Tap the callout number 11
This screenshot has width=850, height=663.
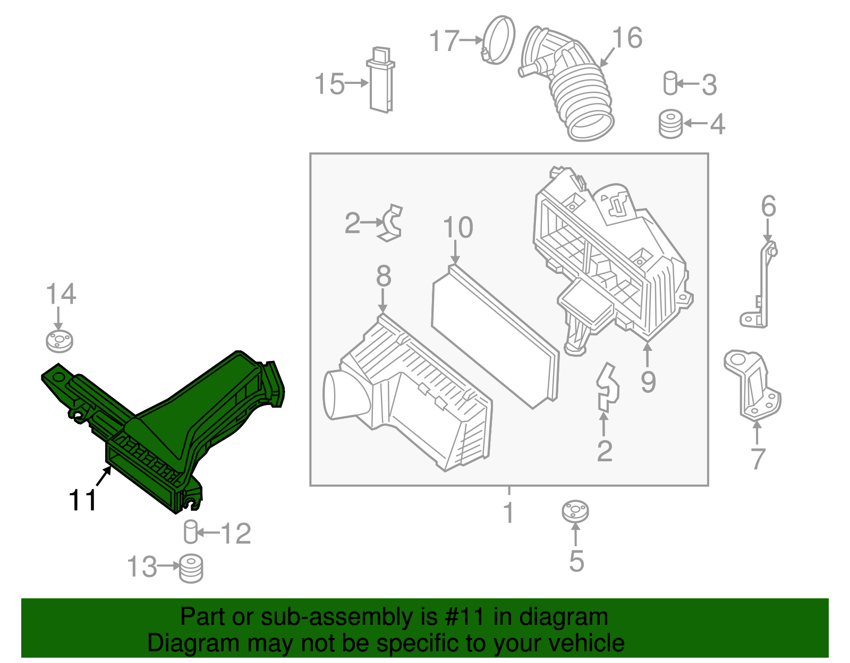[83, 500]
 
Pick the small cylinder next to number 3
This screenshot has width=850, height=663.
[670, 83]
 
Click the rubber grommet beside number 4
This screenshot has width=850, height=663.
[670, 124]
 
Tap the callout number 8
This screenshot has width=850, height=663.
[384, 277]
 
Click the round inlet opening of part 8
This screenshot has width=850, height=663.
[340, 395]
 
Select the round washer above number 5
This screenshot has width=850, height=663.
[575, 512]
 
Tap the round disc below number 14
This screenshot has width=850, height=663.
[59, 341]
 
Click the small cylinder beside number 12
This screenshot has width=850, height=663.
[191, 532]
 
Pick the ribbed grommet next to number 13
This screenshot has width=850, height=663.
[191, 568]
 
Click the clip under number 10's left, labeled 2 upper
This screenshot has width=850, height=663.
[392, 222]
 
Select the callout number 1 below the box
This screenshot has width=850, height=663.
[509, 513]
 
